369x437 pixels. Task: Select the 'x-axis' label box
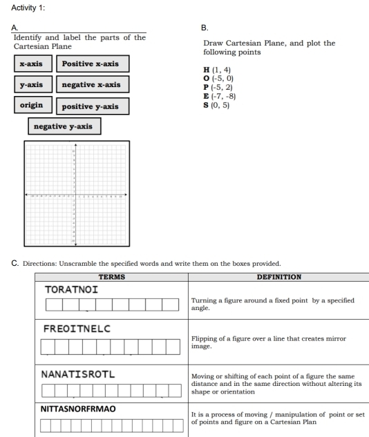coord(30,64)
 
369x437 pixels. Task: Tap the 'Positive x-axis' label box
coord(90,64)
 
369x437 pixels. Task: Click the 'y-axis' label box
coord(30,85)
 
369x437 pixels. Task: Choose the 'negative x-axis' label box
coord(91,85)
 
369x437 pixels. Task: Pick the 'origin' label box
coord(31,106)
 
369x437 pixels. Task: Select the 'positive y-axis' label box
coord(91,106)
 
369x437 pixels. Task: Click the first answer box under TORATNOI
coord(53,304)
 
